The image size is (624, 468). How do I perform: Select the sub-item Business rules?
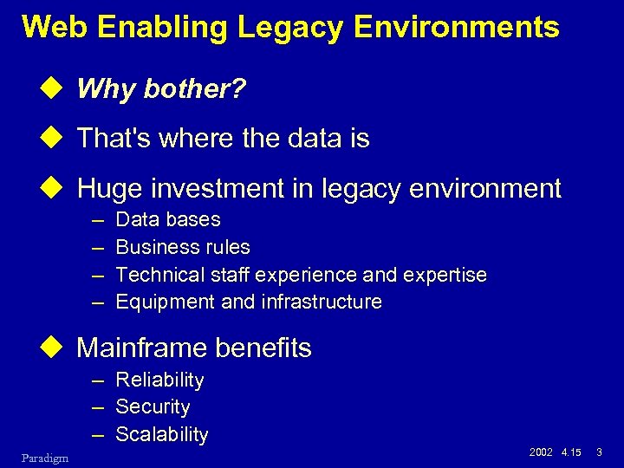click(x=182, y=248)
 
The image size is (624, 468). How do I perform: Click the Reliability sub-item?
click(x=159, y=380)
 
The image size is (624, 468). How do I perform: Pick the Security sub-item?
click(x=153, y=406)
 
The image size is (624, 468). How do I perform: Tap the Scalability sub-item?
click(x=161, y=434)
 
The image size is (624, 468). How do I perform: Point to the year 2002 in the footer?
click(x=540, y=452)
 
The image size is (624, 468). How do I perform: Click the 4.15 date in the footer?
click(x=571, y=452)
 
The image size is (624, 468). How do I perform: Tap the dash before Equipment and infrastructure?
click(x=98, y=302)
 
